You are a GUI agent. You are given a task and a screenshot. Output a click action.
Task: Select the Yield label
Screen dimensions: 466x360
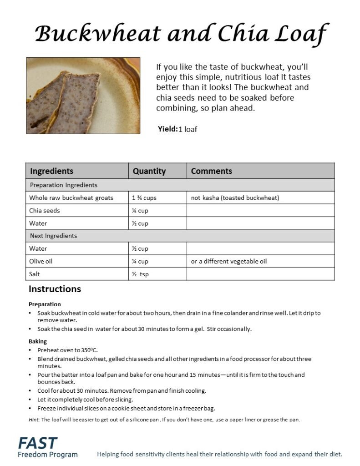pyautogui.click(x=167, y=129)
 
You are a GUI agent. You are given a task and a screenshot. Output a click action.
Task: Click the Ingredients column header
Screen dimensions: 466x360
pyautogui.click(x=51, y=171)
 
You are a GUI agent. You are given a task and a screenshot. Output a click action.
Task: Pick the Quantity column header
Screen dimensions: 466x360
pyautogui.click(x=149, y=171)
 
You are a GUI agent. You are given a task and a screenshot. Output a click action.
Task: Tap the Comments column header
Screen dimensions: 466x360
pyautogui.click(x=211, y=171)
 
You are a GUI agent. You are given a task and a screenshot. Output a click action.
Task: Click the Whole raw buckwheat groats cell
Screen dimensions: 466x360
pyautogui.click(x=71, y=198)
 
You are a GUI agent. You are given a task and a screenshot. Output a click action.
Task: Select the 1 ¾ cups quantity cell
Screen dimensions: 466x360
pyautogui.click(x=144, y=198)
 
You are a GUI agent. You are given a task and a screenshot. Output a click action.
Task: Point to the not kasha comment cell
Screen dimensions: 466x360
pyautogui.click(x=235, y=198)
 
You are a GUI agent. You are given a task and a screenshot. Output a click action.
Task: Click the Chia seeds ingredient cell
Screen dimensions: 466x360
pyautogui.click(x=45, y=211)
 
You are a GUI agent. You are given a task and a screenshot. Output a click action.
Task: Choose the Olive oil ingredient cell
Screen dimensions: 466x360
pyautogui.click(x=42, y=261)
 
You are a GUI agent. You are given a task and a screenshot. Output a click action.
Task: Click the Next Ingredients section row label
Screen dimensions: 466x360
pyautogui.click(x=53, y=236)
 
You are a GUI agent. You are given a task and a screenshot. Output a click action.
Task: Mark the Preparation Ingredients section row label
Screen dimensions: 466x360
pyautogui.click(x=64, y=185)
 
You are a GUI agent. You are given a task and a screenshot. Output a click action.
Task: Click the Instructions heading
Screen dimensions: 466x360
pyautogui.click(x=55, y=289)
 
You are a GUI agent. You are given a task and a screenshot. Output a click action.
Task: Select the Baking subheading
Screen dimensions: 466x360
pyautogui.click(x=38, y=341)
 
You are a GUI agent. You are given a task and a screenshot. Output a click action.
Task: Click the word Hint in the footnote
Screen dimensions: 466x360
pyautogui.click(x=34, y=420)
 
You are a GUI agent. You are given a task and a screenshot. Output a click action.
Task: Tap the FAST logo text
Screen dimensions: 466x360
pyautogui.click(x=38, y=442)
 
